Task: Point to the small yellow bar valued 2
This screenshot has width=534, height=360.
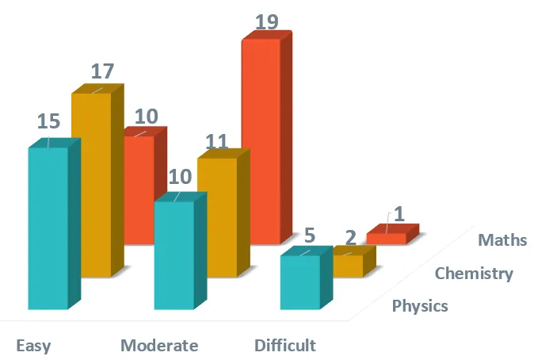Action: (x=347, y=266)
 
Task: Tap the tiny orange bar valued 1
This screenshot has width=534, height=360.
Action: (x=387, y=239)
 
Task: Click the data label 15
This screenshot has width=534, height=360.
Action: (x=49, y=122)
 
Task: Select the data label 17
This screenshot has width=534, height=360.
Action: (x=101, y=71)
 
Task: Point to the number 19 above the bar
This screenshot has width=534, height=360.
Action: (x=267, y=21)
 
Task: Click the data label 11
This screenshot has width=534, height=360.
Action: (x=217, y=142)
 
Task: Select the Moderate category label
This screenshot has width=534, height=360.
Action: (x=159, y=346)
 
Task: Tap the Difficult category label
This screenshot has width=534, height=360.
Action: (x=285, y=346)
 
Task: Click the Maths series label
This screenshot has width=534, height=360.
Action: (x=503, y=239)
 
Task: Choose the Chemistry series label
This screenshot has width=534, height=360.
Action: (x=475, y=274)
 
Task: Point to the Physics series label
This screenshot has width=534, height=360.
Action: (x=421, y=305)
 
